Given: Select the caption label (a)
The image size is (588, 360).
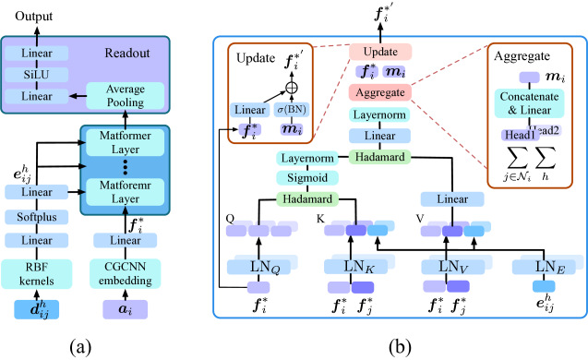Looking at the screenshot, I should [79, 346].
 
